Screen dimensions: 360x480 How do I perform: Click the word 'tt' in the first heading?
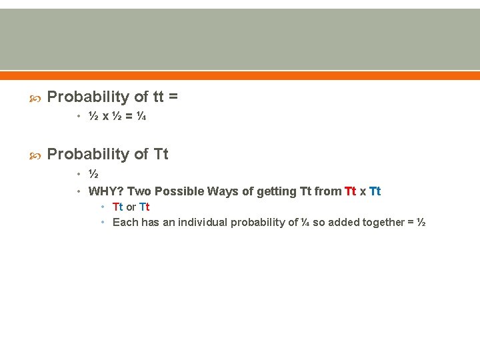pos(158,97)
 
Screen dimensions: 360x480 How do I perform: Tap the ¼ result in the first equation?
pos(141,117)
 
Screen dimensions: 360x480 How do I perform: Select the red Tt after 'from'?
pos(351,192)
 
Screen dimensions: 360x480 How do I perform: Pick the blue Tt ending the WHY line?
pos(375,192)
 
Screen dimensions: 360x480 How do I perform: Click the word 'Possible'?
pos(180,192)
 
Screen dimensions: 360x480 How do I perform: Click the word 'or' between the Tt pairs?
pos(131,207)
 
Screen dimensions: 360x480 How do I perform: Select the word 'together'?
pos(383,223)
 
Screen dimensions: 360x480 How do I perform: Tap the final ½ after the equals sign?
pos(421,223)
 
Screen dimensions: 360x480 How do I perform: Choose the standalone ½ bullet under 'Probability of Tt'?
pos(94,175)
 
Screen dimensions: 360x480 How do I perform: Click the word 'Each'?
pos(125,223)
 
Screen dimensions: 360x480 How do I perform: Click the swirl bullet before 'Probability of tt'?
pos(37,98)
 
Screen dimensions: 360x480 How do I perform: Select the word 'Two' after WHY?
pos(139,192)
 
